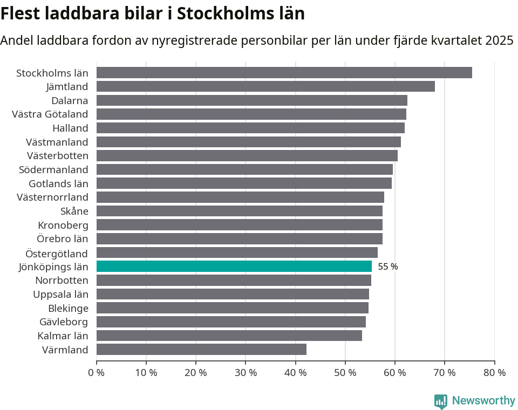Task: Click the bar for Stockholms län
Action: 284,73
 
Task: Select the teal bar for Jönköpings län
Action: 234,266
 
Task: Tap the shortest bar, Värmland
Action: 201,350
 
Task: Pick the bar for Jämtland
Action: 265,86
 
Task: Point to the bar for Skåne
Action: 239,211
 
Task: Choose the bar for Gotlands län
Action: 244,183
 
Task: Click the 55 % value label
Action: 387,266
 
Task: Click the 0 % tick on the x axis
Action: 96,373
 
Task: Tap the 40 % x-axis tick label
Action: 295,373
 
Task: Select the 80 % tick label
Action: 494,373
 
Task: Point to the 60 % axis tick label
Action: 394,373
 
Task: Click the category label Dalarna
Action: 70,100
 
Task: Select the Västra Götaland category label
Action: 50,114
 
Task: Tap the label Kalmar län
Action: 63,336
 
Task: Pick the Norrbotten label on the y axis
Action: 62,281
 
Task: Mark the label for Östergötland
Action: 57,253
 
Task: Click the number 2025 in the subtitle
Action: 499,40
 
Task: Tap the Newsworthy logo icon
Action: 441,401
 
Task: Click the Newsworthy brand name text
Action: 483,401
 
